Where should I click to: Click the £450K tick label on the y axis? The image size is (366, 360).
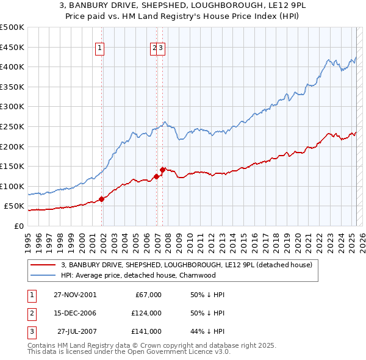click(13, 47)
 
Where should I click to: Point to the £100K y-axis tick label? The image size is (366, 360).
click(13, 186)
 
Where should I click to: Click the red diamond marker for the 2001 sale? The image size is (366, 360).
click(101, 198)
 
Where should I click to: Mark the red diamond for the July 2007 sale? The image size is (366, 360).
click(163, 170)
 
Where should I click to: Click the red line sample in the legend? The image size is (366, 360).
click(43, 265)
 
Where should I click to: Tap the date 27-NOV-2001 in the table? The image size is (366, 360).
click(74, 295)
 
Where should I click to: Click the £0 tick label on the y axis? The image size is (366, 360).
click(18, 226)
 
